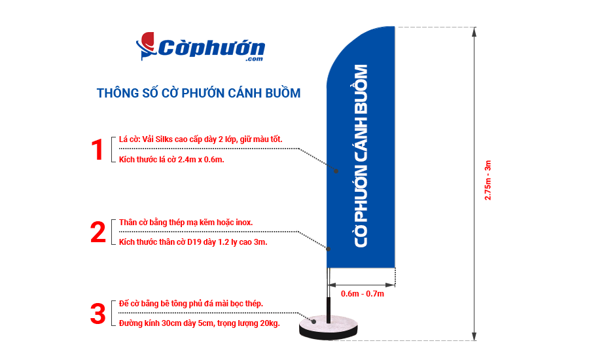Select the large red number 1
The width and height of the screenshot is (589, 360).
pyautogui.click(x=98, y=150)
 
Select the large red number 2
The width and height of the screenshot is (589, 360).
pyautogui.click(x=98, y=232)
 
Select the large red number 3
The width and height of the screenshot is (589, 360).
pyautogui.click(x=98, y=314)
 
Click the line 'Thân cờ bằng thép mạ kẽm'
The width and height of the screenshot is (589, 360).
pyautogui.click(x=186, y=223)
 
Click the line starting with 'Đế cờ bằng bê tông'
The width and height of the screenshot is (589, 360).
pyautogui.click(x=191, y=304)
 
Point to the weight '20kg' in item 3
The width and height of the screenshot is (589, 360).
pyautogui.click(x=270, y=324)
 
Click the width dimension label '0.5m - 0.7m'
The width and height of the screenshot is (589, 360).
pyautogui.click(x=363, y=294)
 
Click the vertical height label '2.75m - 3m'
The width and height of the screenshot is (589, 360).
pyautogui.click(x=488, y=180)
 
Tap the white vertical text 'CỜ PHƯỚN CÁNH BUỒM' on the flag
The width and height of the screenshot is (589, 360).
pyautogui.click(x=361, y=156)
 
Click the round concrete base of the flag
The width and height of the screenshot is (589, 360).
pyautogui.click(x=329, y=325)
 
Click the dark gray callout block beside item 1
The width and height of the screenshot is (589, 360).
pyautogui.click(x=312, y=158)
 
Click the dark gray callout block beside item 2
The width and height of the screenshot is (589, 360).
pyautogui.click(x=311, y=239)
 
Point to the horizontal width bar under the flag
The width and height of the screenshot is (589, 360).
pyautogui.click(x=362, y=285)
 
